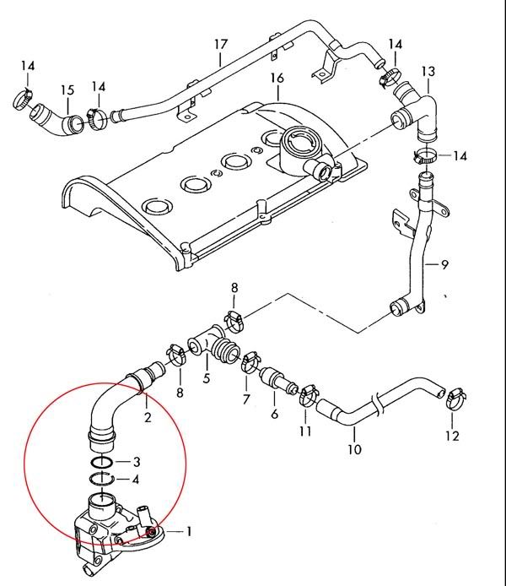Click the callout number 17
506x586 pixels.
coord(221,43)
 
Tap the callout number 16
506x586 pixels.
coord(276,79)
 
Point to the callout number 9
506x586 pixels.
coord(444,264)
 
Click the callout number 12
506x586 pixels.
coord(452,436)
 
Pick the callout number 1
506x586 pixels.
coord(190,532)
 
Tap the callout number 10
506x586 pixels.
coord(354,449)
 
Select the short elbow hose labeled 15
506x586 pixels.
coord(57,121)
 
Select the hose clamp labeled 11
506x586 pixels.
coord(308,394)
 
